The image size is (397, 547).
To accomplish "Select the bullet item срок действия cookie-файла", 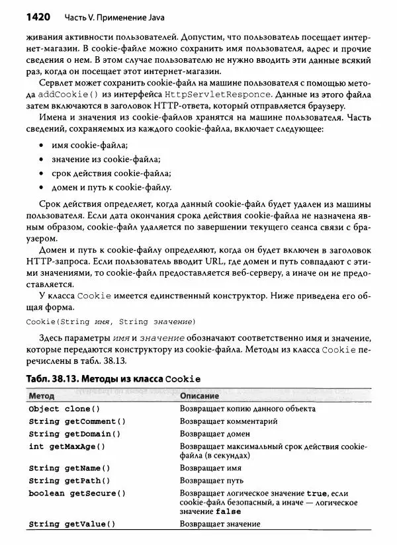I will (110, 173).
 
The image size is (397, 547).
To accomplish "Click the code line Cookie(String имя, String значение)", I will (110, 321).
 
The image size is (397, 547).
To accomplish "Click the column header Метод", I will (42, 396).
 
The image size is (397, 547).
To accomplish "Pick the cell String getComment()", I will (77, 421).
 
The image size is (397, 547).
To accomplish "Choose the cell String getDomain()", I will (74, 434).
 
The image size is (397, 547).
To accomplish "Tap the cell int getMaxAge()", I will (67, 446).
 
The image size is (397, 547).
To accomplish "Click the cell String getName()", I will (69, 468).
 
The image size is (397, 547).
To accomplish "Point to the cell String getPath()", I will (69, 481).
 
